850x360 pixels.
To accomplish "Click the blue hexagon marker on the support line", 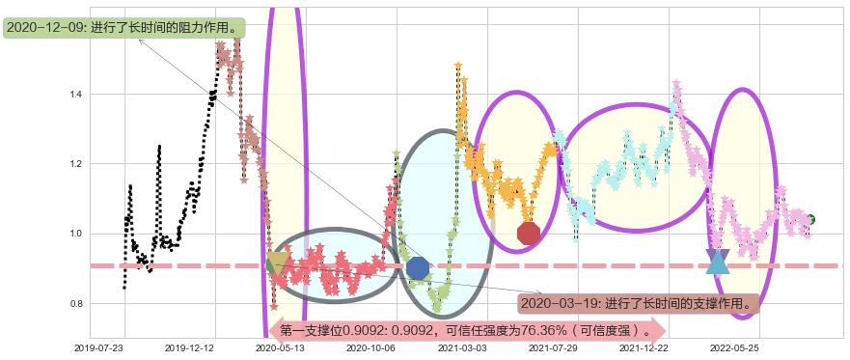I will click(x=418, y=267).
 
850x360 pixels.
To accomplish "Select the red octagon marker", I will click(x=528, y=234).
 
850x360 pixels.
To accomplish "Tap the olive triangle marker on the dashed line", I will click(x=277, y=263).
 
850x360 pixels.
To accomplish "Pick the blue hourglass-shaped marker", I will click(x=717, y=262).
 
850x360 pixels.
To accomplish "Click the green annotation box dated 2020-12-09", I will click(x=123, y=28).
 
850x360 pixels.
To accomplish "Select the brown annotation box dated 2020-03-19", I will click(x=637, y=303).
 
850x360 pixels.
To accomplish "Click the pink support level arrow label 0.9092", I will click(x=465, y=329).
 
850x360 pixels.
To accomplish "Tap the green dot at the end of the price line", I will click(x=811, y=219).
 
